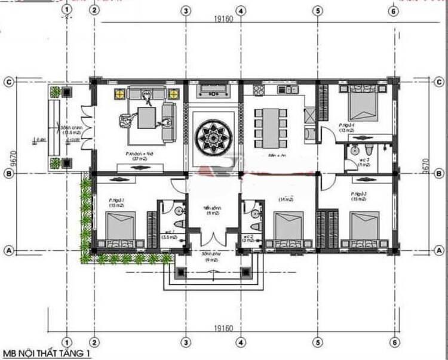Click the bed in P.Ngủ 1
pos(124,226)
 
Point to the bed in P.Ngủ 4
pos(361,103)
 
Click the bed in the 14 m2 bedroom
pos(290,226)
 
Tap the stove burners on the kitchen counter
pos(259,91)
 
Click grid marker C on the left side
pos(9,82)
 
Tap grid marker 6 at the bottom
pos(393,343)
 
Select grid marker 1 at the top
pos(67,10)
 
